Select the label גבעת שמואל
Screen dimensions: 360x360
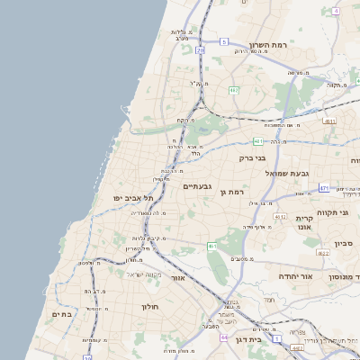tap(287, 172)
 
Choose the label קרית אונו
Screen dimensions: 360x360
tap(304, 222)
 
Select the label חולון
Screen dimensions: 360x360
tap(149, 307)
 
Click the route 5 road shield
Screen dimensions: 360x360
tap(223, 41)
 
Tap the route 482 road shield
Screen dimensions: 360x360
tap(234, 90)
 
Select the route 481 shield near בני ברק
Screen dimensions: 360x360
tap(259, 140)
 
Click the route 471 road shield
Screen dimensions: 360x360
tap(324, 188)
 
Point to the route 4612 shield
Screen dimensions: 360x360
tap(280, 217)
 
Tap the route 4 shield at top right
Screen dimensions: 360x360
tap(336, 11)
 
